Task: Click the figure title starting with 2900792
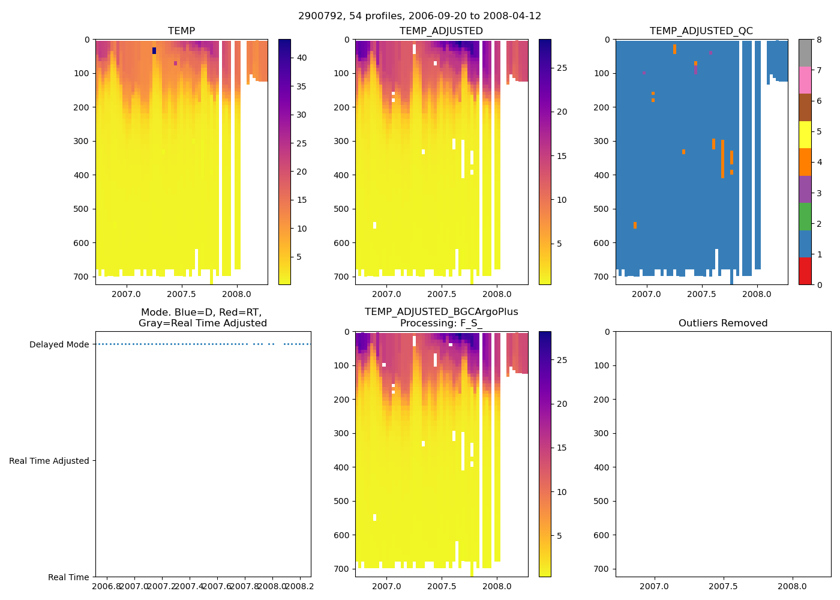419,16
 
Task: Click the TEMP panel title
181,31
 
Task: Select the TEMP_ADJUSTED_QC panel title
701,31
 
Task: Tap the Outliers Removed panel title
722,323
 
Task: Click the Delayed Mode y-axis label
59,344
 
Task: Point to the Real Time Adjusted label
49,461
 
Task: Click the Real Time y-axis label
68,577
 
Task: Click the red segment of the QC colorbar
805,271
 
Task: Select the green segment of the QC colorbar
805,216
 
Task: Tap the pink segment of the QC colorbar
805,80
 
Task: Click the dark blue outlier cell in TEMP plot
154,51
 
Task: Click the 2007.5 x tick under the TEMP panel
181,294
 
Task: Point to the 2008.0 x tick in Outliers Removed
792,586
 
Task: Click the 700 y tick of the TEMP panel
83,277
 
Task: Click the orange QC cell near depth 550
635,225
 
